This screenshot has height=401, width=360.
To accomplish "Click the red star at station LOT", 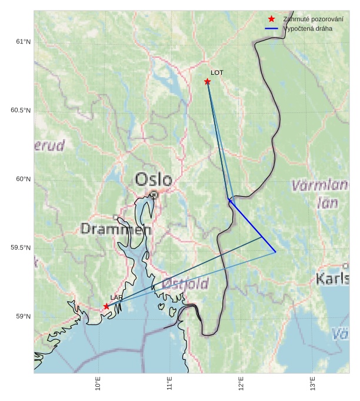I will (207, 81).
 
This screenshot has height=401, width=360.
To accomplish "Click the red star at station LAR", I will (106, 306).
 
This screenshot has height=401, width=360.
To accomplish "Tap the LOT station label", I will (217, 72).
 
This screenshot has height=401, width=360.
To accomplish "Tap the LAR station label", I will (116, 297).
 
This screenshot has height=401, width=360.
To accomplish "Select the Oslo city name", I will (154, 180).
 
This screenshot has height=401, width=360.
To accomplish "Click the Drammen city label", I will (116, 229).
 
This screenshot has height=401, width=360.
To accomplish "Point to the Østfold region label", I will (185, 284).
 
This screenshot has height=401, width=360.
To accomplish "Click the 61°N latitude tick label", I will (23, 42).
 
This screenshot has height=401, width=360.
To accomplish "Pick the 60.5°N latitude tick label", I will (21, 111).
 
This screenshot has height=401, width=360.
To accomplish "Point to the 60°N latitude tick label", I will (23, 179).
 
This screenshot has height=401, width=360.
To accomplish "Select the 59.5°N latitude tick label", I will (21, 248).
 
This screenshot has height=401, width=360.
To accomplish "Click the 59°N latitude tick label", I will (23, 317).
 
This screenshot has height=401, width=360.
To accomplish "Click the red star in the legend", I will (271, 19).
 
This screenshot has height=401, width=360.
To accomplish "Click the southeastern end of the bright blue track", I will (275, 252).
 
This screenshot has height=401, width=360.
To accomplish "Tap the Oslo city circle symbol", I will (154, 194).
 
